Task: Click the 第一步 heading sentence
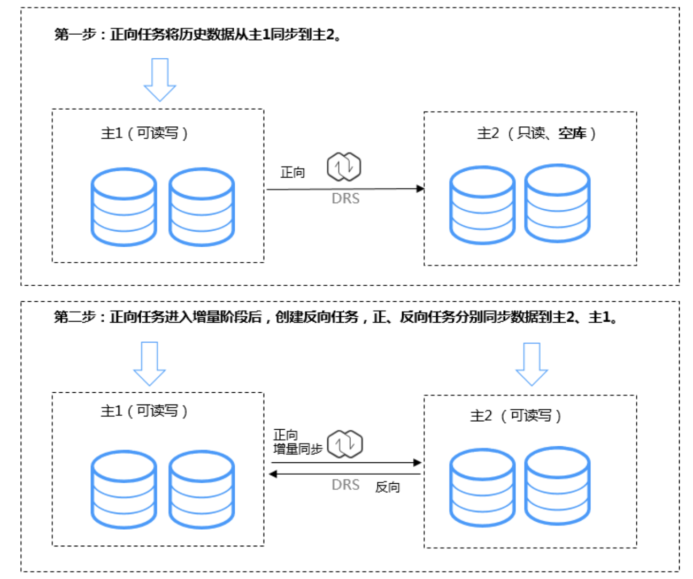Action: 198,35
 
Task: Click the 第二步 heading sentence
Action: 336,317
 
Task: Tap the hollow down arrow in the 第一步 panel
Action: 160,80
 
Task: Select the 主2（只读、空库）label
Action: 536,133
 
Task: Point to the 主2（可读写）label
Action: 515,416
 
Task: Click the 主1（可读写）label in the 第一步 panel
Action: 144,133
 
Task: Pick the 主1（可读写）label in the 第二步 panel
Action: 144,411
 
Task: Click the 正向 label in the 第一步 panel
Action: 292,172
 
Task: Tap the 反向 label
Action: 388,487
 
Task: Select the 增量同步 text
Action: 298,449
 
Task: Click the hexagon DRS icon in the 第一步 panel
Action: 344,166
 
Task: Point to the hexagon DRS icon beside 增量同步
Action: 345,444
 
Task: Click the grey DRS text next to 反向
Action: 345,485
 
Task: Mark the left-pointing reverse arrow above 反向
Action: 345,474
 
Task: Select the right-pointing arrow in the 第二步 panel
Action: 346,462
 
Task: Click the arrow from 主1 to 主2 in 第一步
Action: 345,189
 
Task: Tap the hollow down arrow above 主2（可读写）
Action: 532,364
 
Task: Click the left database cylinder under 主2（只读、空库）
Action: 482,205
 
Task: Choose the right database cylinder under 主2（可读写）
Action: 557,486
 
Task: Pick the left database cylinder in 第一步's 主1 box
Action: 124,207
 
